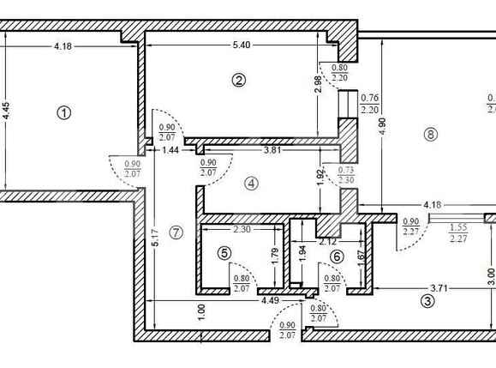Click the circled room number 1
click(62, 112)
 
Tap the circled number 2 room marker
click(239, 80)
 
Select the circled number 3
click(426, 300)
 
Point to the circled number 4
click(250, 183)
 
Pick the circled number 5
click(224, 253)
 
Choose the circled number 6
click(337, 256)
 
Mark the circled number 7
click(176, 232)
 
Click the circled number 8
click(430, 134)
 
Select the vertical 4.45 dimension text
click(8, 117)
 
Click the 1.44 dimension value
click(170, 150)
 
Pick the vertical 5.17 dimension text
click(155, 236)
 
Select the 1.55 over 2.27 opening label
click(458, 233)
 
